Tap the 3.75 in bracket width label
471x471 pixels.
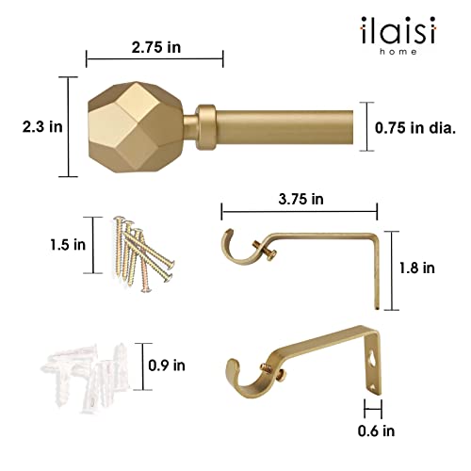point(299,200)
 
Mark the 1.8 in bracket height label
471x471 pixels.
point(415,268)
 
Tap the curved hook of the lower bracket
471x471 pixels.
point(247,381)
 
